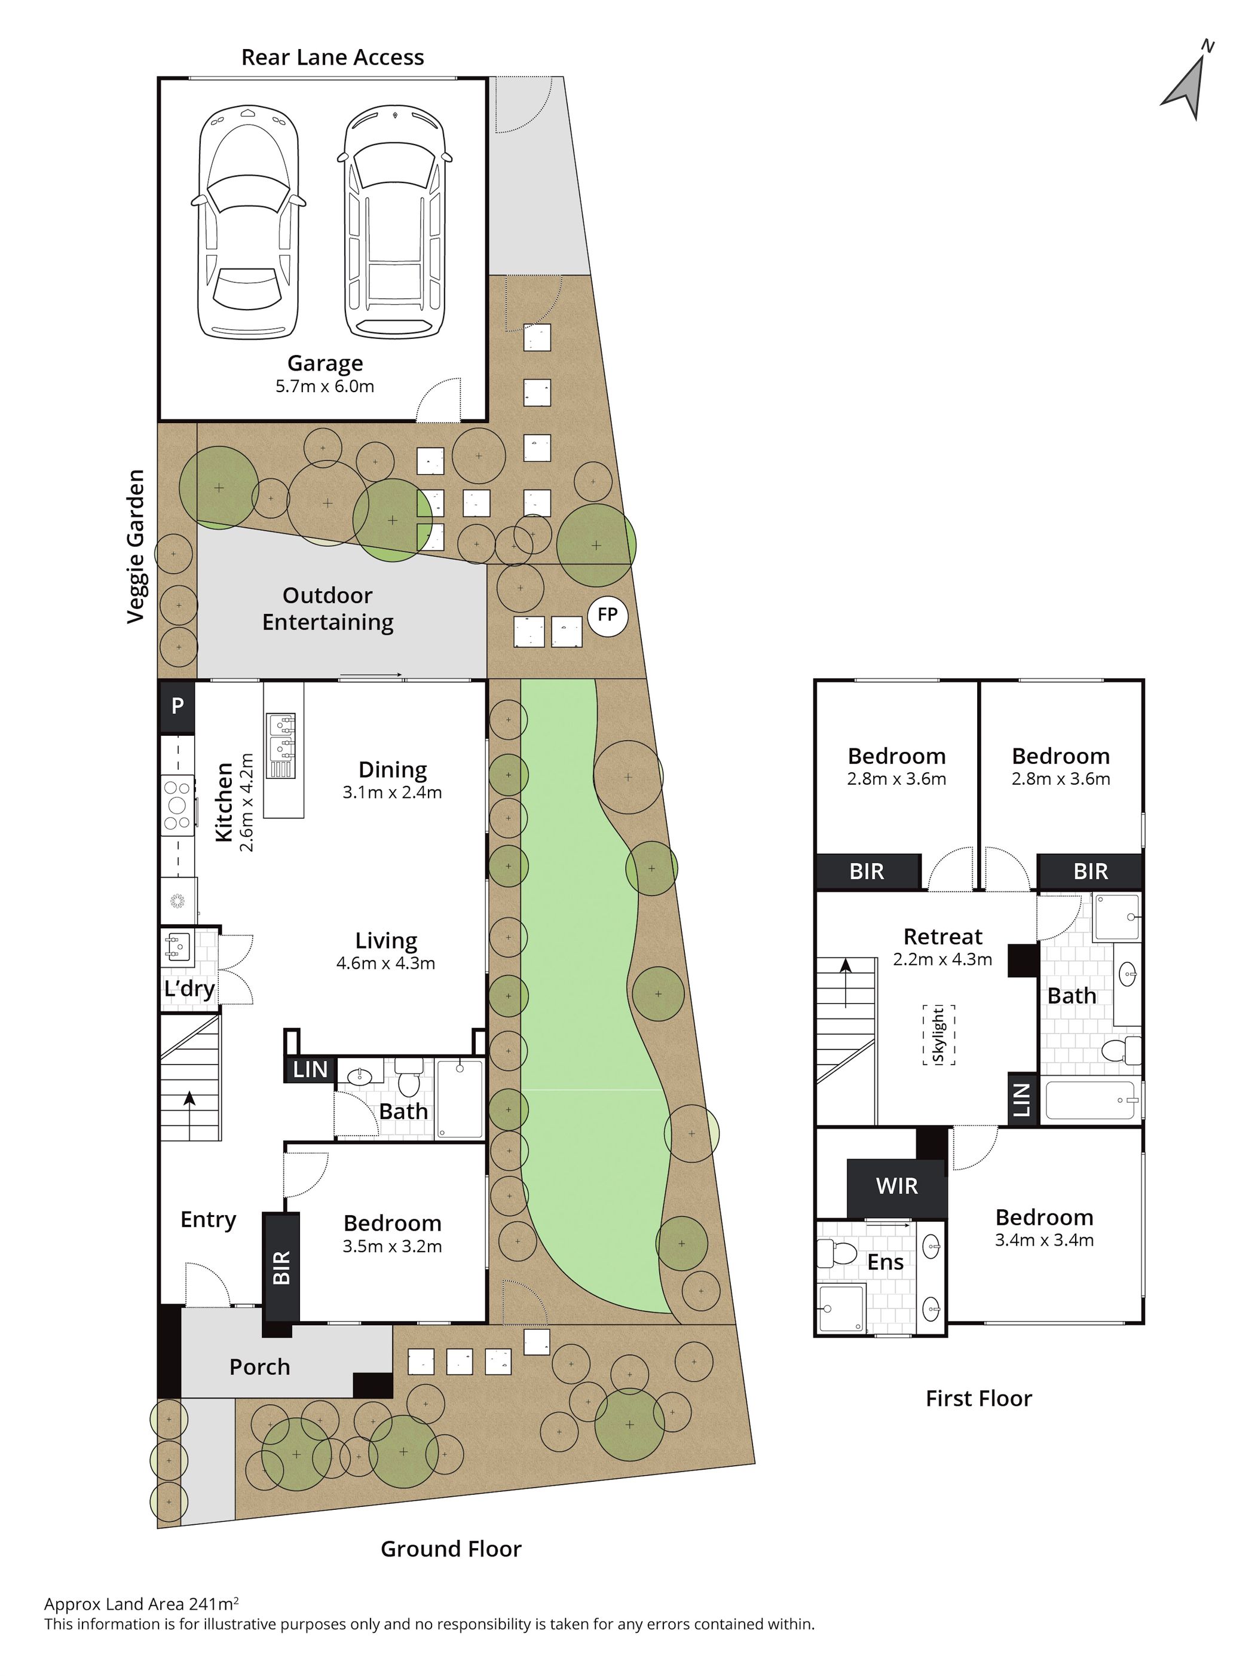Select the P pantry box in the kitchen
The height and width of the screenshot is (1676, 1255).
177,707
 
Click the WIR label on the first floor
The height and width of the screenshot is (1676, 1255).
897,1186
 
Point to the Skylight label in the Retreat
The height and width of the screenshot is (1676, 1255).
938,1035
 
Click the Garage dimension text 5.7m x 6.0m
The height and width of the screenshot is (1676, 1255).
325,386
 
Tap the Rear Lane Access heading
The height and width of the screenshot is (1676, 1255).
332,57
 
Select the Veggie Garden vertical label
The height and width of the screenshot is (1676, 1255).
136,546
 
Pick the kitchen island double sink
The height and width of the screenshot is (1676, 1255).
281,745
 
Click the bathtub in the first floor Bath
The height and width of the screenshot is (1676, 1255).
1091,1100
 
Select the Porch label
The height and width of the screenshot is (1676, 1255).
260,1368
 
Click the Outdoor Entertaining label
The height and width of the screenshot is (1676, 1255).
328,609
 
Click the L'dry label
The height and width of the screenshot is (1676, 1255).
189,989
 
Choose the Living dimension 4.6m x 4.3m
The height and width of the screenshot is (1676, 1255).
386,964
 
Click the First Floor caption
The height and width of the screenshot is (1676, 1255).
978,1399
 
